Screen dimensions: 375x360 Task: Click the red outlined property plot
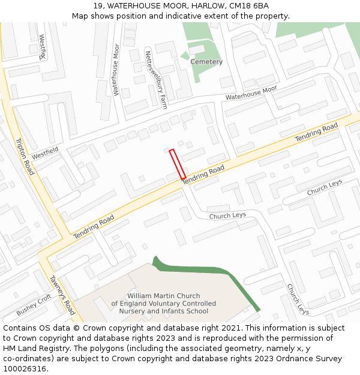point(177,164)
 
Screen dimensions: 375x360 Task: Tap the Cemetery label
point(206,62)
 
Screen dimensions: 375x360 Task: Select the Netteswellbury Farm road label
point(155,79)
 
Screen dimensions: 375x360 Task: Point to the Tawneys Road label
point(62,295)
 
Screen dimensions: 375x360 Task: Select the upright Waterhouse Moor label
point(116,78)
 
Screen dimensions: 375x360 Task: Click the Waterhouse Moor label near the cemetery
point(251,92)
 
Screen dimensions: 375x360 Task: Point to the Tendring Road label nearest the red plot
point(203,175)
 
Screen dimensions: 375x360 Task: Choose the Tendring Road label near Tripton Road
point(94,227)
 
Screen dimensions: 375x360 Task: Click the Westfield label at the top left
point(43,47)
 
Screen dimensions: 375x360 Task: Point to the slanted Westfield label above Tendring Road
point(46,153)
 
